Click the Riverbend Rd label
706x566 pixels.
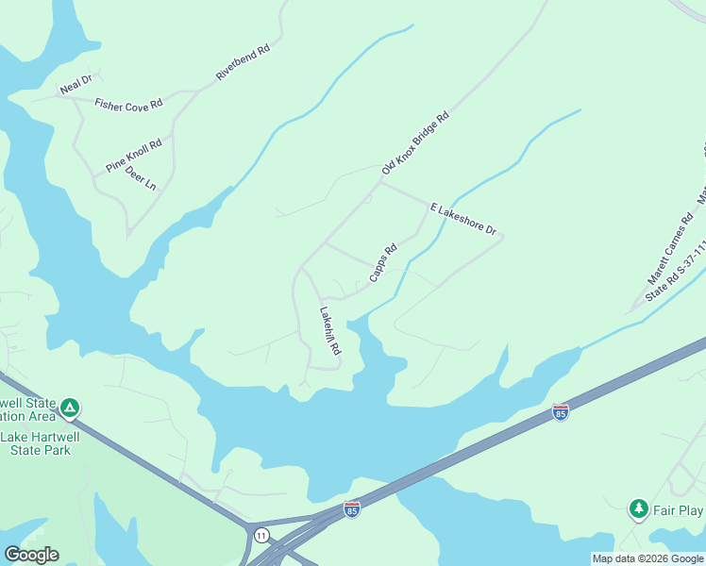point(244,61)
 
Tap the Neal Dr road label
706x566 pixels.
point(75,85)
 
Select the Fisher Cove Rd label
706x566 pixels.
point(128,105)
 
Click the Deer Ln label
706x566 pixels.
point(141,179)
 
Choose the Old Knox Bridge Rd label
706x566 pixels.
point(414,143)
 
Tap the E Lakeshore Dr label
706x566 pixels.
point(463,219)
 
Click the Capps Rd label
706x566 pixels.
point(382,263)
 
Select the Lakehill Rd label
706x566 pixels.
point(329,331)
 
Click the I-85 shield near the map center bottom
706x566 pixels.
point(352,508)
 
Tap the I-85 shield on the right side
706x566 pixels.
point(560,412)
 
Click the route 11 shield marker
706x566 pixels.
point(261,535)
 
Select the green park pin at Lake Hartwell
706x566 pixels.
point(70,408)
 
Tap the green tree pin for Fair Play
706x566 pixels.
point(639,509)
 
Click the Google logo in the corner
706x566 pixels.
point(31,554)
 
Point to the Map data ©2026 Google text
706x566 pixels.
point(647,558)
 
